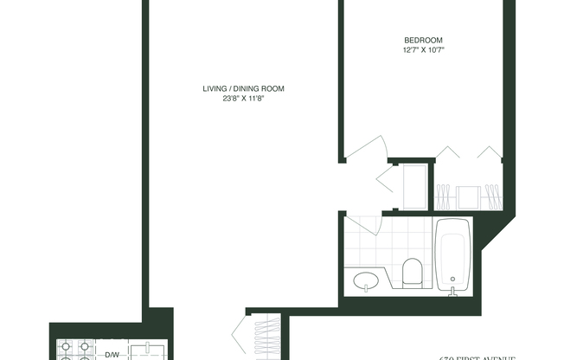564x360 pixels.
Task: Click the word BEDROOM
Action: [424, 40]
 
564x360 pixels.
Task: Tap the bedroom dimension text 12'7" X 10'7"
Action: [424, 50]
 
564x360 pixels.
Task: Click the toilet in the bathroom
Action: [413, 272]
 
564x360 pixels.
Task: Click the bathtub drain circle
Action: [452, 278]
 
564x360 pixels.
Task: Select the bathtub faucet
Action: [452, 289]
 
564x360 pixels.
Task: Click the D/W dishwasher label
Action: [112, 355]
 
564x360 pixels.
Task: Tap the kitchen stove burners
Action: [74, 351]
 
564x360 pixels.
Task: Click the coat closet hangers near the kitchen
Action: [269, 337]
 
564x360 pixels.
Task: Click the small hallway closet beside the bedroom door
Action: [412, 185]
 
